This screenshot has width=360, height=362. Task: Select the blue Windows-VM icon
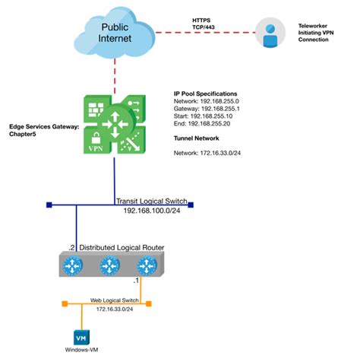(77, 337)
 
